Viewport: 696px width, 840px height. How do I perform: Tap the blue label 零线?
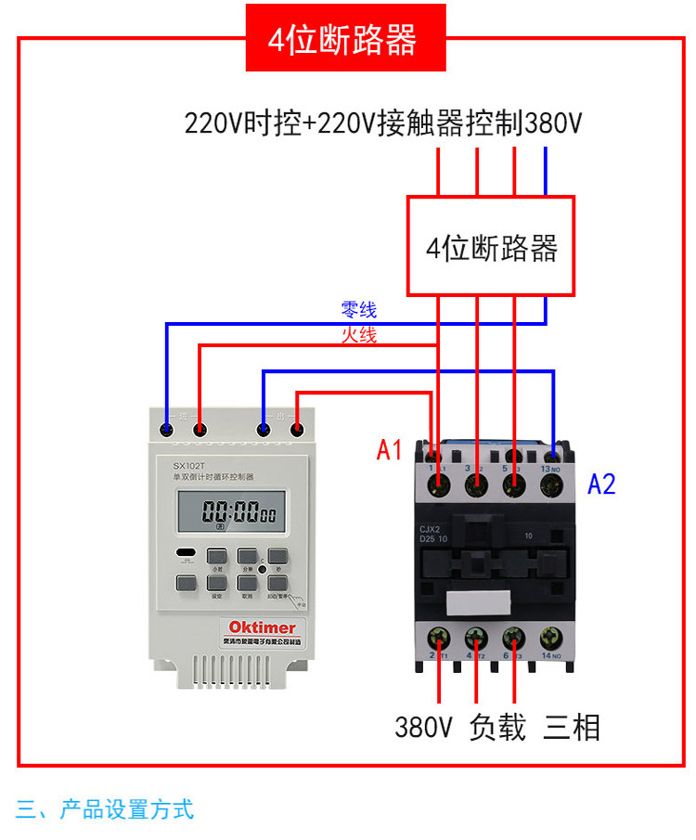click(x=359, y=310)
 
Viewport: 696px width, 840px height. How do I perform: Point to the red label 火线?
click(x=359, y=335)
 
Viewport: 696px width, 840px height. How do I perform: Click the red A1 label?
click(x=390, y=451)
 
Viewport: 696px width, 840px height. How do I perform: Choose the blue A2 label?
click(x=601, y=484)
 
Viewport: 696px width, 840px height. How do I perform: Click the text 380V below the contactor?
click(x=423, y=727)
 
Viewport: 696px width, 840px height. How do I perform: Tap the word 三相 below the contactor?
click(x=572, y=727)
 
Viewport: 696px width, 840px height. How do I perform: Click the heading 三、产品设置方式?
click(x=105, y=809)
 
